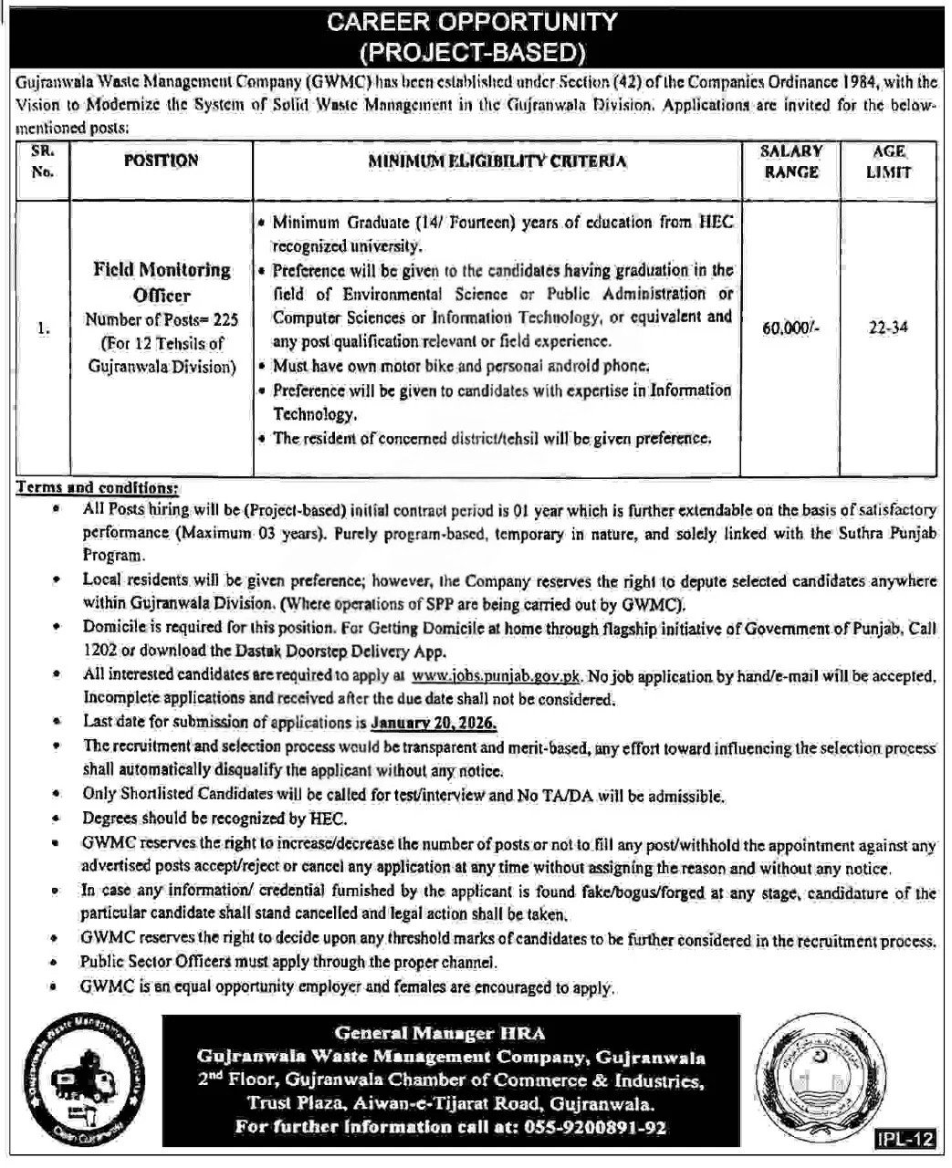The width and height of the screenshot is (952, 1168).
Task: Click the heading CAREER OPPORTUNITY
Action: pos(476,21)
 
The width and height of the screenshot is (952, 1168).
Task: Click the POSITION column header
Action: pos(161,161)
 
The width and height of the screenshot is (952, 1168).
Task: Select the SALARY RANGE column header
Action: pos(790,161)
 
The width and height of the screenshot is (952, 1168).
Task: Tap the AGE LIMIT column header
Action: pos(888,161)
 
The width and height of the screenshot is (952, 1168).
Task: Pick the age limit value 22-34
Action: pos(888,328)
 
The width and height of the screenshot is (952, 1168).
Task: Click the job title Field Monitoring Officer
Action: pos(162,282)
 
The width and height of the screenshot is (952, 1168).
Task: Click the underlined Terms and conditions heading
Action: pos(99,487)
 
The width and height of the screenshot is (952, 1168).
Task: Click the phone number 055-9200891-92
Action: pos(590,1128)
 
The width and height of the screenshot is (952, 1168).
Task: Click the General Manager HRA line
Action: pos(439,1034)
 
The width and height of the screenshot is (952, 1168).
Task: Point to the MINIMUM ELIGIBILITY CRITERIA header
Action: pos(497,162)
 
